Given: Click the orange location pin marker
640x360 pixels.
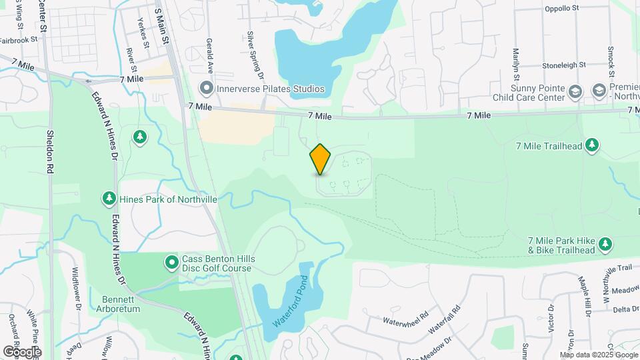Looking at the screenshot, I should (321, 159).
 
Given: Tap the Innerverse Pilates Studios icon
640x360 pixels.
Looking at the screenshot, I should (207, 88).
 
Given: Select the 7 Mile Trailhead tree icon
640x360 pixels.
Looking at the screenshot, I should (592, 146).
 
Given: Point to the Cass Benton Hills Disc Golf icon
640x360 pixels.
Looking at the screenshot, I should (172, 263).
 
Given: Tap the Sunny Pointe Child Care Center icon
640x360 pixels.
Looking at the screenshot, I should (577, 91).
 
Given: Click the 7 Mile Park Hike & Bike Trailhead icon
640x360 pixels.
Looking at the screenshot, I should (605, 245).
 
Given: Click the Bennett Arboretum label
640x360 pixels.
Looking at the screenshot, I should (121, 303).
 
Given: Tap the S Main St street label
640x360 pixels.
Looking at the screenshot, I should (161, 27).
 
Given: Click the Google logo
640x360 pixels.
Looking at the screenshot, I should (22, 351).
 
